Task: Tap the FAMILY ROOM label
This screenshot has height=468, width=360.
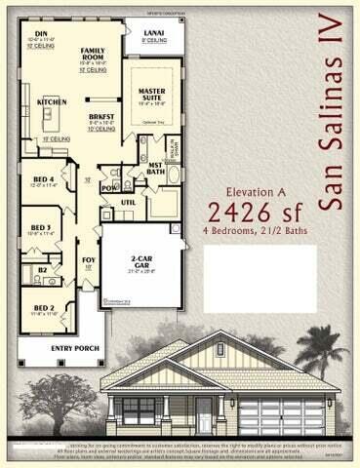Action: click(x=93, y=52)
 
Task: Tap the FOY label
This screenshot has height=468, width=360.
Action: click(x=89, y=258)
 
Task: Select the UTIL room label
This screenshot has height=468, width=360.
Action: click(x=127, y=202)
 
